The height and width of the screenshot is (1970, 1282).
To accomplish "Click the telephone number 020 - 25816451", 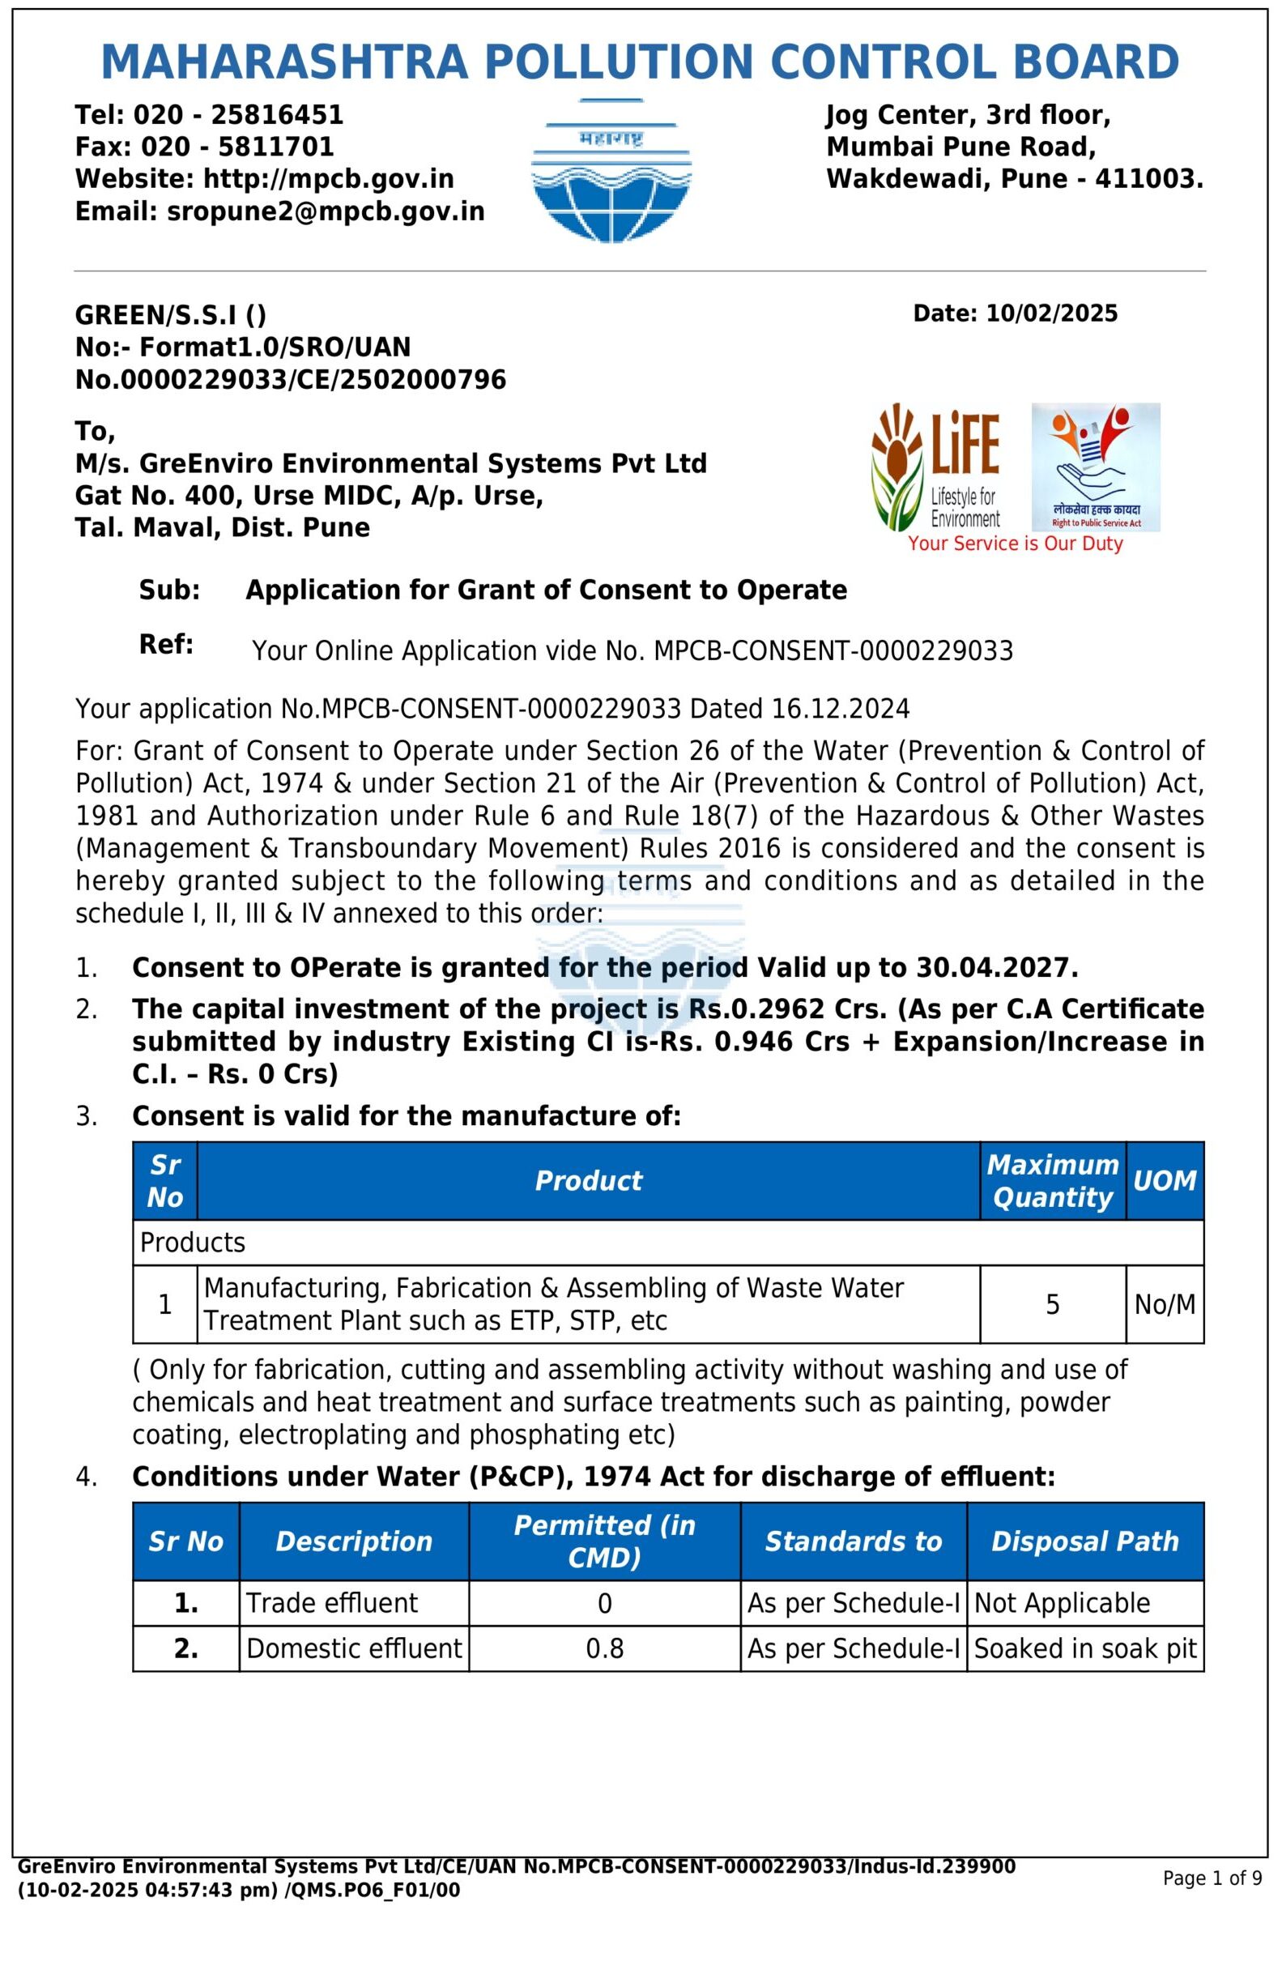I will [238, 115].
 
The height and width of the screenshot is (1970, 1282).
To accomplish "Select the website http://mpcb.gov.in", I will [329, 180].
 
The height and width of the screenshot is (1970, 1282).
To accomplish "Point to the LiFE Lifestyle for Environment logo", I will [936, 467].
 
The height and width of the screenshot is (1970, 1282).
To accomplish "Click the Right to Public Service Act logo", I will [1095, 467].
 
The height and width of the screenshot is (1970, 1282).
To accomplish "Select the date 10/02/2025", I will [1052, 313].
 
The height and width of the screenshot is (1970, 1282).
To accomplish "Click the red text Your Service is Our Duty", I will [1015, 544].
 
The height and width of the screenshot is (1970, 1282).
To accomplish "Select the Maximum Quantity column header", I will [1052, 1181].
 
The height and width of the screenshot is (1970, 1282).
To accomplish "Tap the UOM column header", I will [1165, 1181].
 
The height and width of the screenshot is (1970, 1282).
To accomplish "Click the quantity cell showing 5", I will [1052, 1305].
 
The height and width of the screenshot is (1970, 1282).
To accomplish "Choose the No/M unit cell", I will [1165, 1305].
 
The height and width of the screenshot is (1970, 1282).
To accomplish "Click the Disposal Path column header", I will [1084, 1541].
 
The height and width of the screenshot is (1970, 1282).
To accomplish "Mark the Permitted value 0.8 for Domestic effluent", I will [604, 1649].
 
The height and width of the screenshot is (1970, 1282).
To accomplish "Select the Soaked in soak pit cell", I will [1084, 1649].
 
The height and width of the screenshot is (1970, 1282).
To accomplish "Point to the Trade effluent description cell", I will [332, 1603].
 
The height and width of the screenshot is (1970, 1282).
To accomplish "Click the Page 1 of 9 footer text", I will [1212, 1878].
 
